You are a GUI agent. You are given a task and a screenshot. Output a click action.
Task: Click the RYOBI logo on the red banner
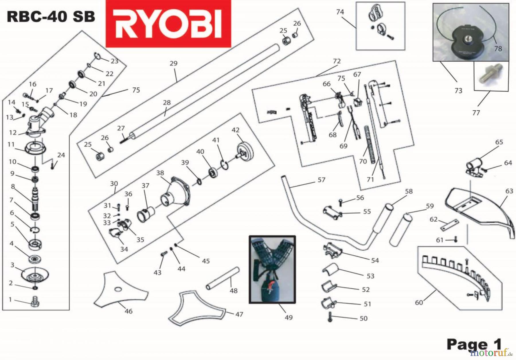pyautogui.click(x=168, y=24)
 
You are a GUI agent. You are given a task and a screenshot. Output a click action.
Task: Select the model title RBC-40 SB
pyautogui.click(x=51, y=17)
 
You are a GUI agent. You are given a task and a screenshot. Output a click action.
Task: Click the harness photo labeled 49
pyautogui.click(x=272, y=269)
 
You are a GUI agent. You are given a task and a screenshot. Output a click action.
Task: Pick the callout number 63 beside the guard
pyautogui.click(x=509, y=191)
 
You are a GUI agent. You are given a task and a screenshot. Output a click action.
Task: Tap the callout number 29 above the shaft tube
pyautogui.click(x=173, y=63)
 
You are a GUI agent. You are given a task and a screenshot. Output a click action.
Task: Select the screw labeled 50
pyautogui.click(x=330, y=317)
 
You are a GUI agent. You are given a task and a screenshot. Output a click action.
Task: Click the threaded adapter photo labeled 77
pyautogui.click(x=491, y=76)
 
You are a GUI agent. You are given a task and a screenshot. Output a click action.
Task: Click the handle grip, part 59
pyautogui.click(x=401, y=230)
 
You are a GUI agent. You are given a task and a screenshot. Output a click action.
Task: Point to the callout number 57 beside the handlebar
pyautogui.click(x=321, y=180)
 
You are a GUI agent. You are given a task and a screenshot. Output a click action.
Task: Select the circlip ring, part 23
pyautogui.click(x=97, y=56)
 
